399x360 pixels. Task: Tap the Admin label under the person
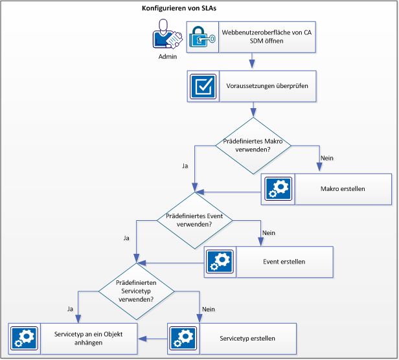[167, 57]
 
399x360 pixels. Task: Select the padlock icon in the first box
[203, 37]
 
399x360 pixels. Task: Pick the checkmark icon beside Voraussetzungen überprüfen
[203, 86]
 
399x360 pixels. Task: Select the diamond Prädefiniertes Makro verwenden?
[253, 145]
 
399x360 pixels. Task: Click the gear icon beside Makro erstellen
[278, 189]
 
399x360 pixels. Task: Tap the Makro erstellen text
[343, 189]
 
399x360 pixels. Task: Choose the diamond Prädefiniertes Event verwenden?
[195, 219]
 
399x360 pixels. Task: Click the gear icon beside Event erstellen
[221, 262]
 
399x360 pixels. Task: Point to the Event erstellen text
[285, 262]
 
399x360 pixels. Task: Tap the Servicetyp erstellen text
[247, 338]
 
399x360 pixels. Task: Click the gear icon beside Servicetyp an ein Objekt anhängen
[25, 338]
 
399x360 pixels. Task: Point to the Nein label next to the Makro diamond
[327, 158]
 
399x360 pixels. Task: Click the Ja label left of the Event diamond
[127, 238]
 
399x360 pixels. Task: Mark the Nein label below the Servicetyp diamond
[208, 309]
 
